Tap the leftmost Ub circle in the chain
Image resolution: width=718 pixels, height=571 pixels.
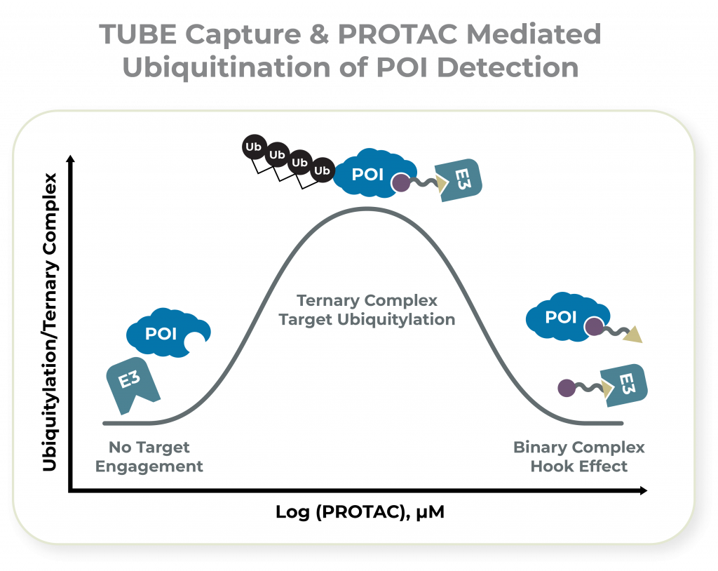click(252, 147)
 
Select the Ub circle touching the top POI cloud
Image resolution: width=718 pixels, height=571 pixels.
click(322, 170)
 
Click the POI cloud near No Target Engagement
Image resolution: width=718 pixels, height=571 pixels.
click(163, 334)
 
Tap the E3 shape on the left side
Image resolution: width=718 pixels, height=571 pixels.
click(131, 385)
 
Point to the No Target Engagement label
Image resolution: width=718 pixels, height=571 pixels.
click(149, 457)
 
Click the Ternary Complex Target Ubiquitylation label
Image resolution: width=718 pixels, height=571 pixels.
click(367, 310)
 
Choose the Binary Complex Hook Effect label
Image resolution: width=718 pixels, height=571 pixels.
click(578, 457)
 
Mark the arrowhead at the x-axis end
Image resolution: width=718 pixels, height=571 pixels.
click(642, 492)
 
